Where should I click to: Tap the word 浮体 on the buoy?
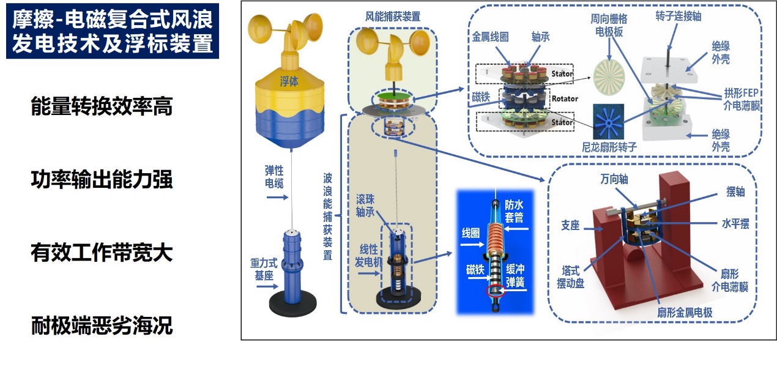tap(289, 81)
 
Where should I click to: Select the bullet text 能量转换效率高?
tap(102, 107)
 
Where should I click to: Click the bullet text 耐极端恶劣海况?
tap(102, 326)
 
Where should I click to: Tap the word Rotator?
tap(563, 98)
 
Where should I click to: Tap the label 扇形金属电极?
tap(683, 313)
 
